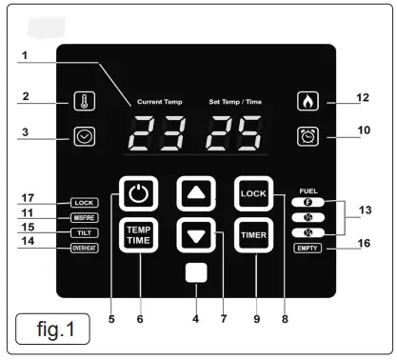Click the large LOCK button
tap(253, 193)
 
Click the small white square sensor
tap(196, 274)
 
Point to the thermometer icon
tap(85, 102)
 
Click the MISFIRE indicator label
tap(84, 218)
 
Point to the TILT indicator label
tap(84, 233)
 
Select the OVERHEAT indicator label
tap(84, 249)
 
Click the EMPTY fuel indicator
tap(308, 249)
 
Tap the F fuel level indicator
tap(308, 203)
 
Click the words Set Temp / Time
tap(236, 100)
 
